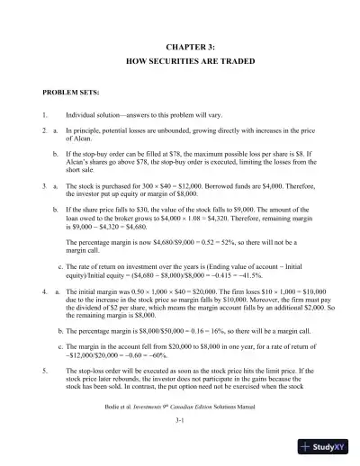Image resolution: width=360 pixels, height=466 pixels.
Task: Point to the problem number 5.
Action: [45, 370]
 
